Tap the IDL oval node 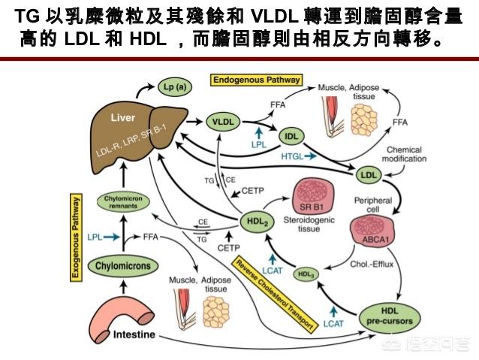[x=292, y=136]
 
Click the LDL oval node [x=368, y=175]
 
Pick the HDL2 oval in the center [x=256, y=221]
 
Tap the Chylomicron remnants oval [x=122, y=201]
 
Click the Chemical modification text [x=406, y=154]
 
